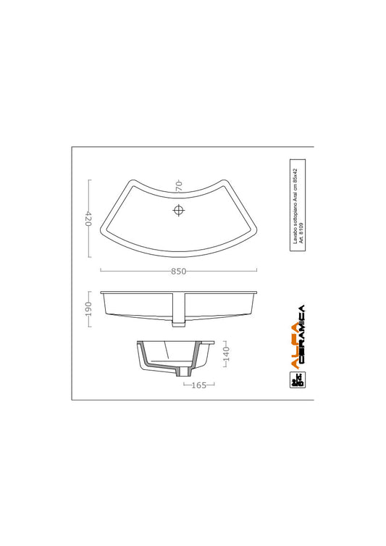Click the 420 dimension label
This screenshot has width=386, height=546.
pos(88,219)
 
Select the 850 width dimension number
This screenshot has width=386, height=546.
pos(179,272)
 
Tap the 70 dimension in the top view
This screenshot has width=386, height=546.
pos(179,186)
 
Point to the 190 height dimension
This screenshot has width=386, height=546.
pos(88,309)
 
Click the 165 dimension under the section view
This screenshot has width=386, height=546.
pos(196,385)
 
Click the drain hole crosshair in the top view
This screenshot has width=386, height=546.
pos(179,211)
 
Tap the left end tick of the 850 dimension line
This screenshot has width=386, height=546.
pos(100,271)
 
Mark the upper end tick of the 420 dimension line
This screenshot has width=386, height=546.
pos(88,180)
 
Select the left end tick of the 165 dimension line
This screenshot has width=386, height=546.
pos(183,385)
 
